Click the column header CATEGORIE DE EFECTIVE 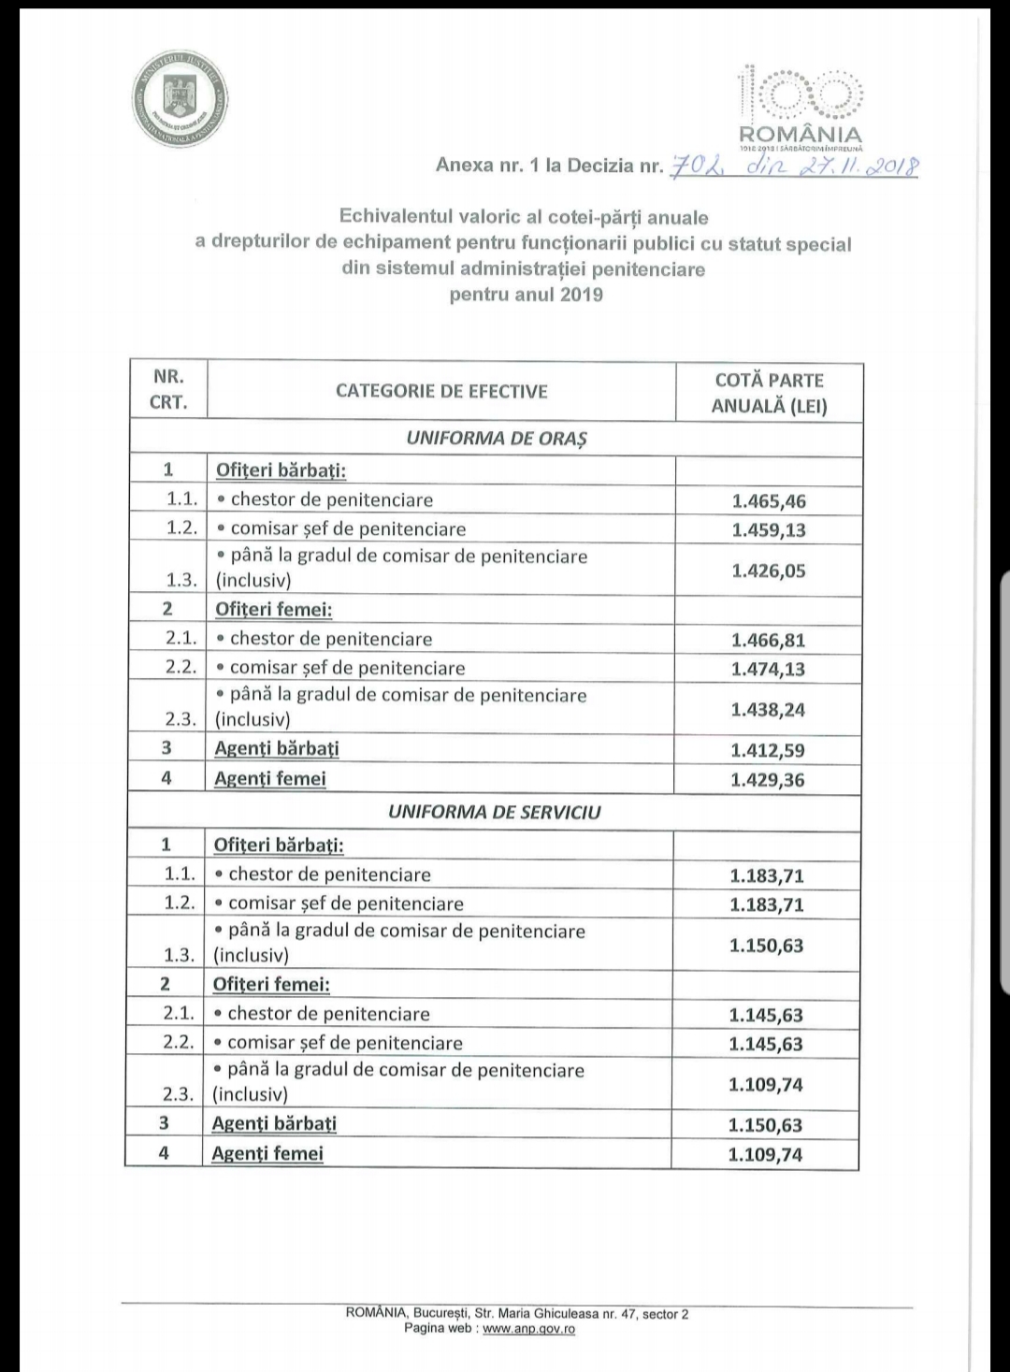click(441, 391)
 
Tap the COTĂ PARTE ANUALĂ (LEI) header click(769, 393)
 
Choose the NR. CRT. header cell click(168, 390)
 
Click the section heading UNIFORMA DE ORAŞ click(497, 439)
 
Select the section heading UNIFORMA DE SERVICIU click(495, 813)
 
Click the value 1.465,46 click(769, 501)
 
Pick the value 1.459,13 click(769, 530)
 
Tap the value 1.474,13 click(768, 669)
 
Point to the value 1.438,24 click(768, 710)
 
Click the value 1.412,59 click(768, 750)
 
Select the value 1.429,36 click(768, 780)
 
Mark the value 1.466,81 click(768, 641)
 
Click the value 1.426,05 click(769, 570)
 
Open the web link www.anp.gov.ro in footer click(528, 1329)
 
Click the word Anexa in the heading click(465, 166)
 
